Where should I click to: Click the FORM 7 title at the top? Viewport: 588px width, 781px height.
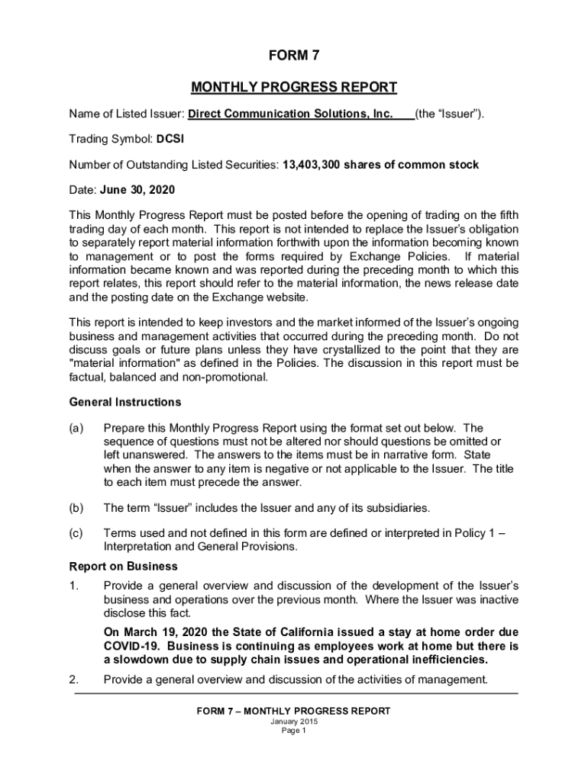(x=293, y=56)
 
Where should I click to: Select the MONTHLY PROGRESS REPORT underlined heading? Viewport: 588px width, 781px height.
(x=293, y=87)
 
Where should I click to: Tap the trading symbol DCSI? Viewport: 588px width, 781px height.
(x=170, y=140)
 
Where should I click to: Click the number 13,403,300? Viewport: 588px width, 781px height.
(x=311, y=165)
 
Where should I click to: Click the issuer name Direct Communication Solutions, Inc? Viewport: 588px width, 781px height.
(x=290, y=114)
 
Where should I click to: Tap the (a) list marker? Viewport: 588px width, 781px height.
(x=76, y=429)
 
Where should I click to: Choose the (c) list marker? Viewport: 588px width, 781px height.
(x=76, y=534)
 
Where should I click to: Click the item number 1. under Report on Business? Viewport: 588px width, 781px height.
(x=73, y=586)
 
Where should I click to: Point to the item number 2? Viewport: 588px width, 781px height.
(x=73, y=680)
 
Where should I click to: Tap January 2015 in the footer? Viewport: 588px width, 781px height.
(x=293, y=722)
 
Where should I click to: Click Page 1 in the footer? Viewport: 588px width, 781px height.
(x=293, y=731)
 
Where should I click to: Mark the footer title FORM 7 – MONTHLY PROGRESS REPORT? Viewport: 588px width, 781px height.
(x=293, y=711)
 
